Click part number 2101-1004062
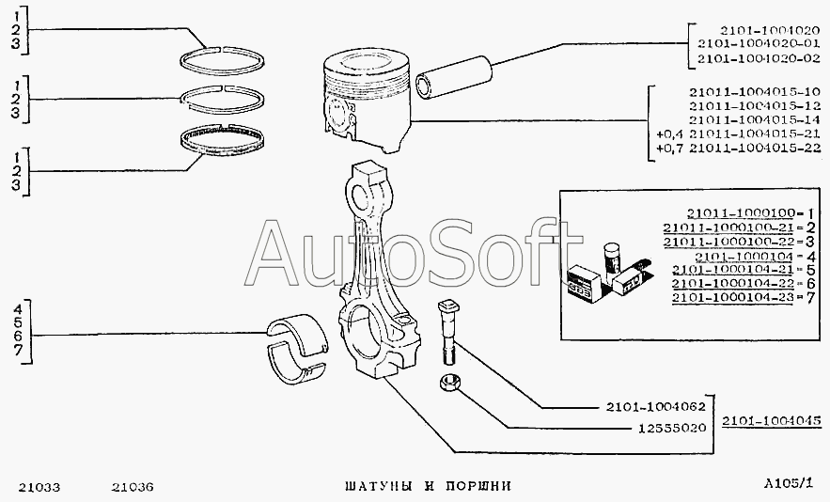650,408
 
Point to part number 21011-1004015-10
743,91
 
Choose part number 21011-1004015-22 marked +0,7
743,148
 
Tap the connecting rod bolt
446,328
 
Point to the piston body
367,103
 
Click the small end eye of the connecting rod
365,188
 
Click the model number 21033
39,487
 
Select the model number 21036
133,487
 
